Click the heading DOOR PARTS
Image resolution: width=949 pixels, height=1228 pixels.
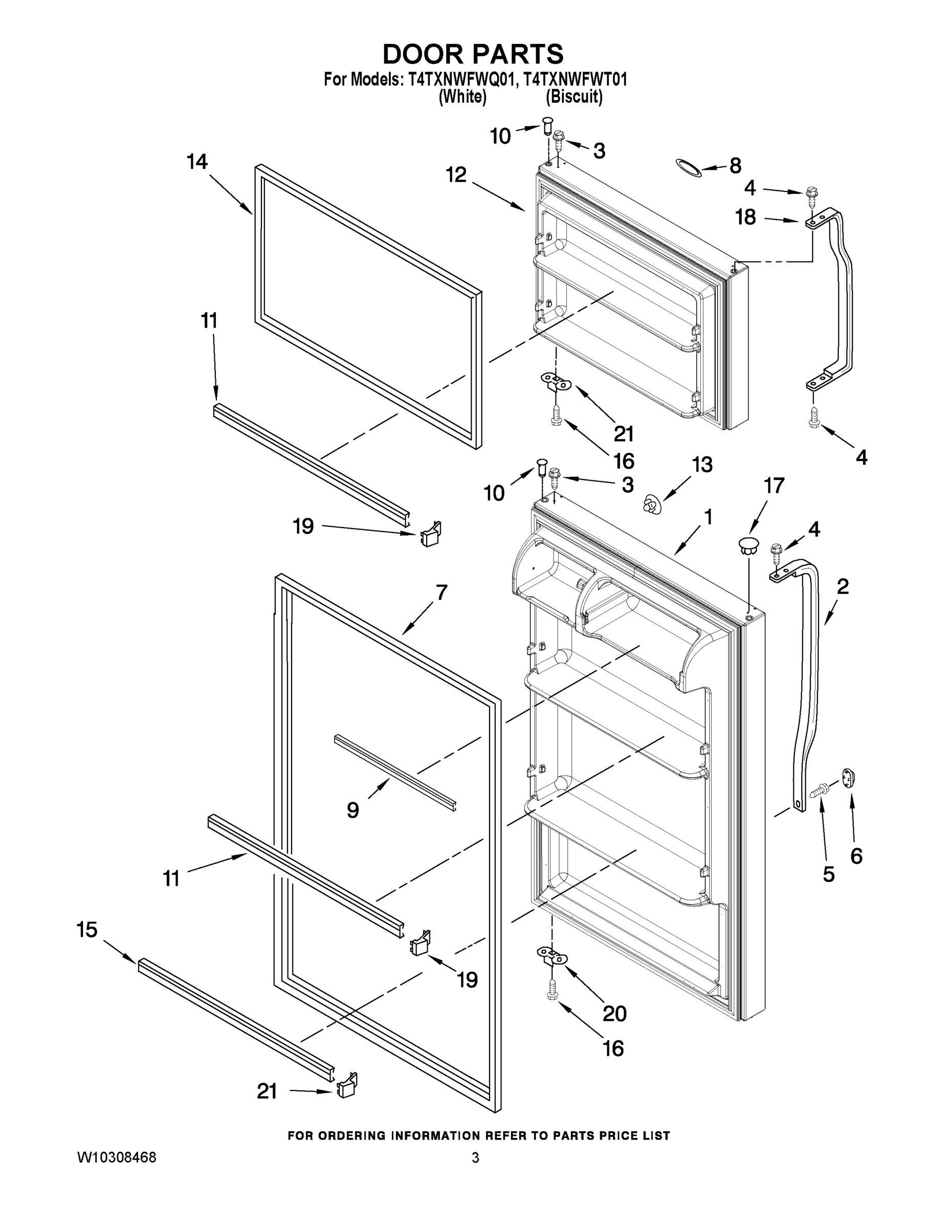click(473, 55)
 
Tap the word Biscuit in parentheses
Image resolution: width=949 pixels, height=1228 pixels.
click(574, 97)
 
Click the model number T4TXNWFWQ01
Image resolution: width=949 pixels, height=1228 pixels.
click(459, 79)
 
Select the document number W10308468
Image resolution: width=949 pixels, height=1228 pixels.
click(117, 1158)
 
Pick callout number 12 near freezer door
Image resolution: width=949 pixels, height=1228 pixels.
click(456, 175)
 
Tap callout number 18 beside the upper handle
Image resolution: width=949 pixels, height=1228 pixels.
click(745, 217)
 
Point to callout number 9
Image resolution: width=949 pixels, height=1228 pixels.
click(352, 810)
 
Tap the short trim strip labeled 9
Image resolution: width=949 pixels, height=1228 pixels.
click(395, 773)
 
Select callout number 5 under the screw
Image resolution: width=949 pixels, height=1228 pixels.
click(828, 874)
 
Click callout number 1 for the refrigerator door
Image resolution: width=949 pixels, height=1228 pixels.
click(708, 517)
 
